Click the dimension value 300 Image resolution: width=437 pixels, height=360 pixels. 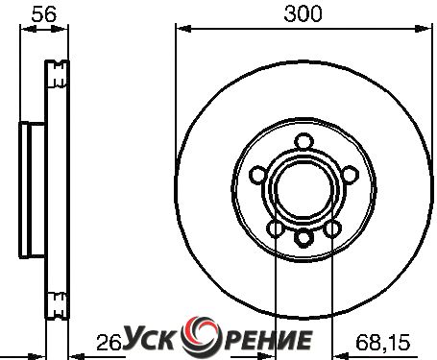coord(303,14)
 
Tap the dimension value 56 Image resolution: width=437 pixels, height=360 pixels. coord(44,14)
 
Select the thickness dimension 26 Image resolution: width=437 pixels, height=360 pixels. coord(109,343)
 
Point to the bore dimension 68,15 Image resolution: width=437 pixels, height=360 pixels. coord(382,342)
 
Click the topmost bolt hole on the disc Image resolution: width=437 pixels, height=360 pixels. coord(303,142)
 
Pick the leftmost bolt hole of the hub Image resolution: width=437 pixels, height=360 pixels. coord(258,175)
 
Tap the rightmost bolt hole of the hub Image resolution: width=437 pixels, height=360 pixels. coord(350,175)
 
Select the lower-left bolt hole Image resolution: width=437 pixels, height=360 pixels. coord(276,228)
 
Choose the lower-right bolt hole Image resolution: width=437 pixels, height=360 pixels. coord(332,228)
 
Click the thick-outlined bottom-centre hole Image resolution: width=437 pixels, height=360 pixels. coord(303,238)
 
